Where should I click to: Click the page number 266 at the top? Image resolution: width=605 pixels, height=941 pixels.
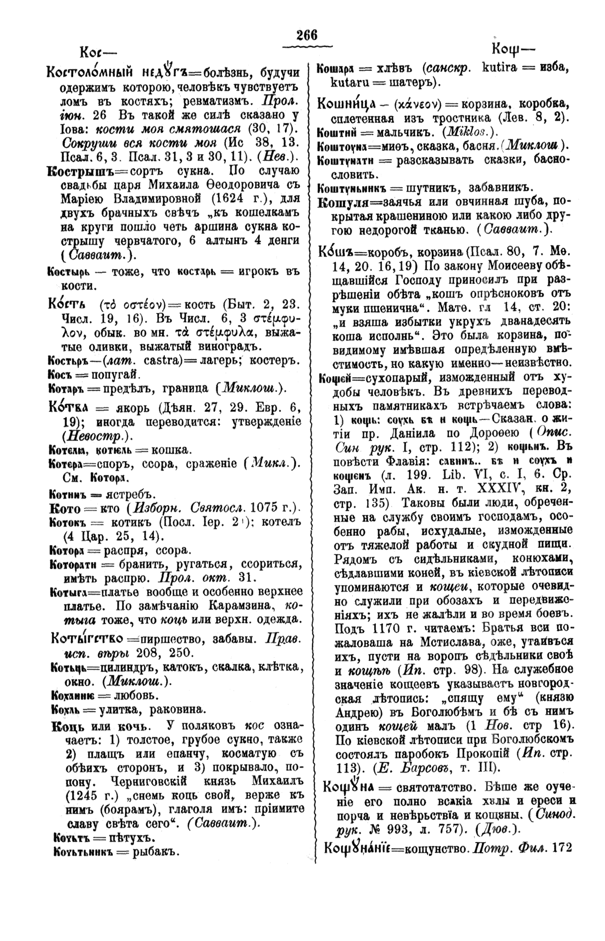(x=306, y=35)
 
